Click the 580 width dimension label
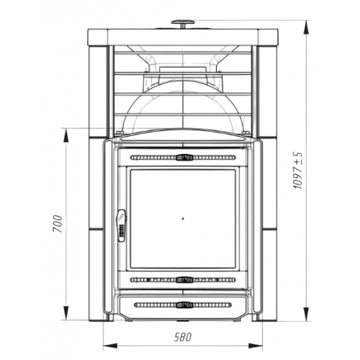click(183, 337)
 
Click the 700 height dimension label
click(58, 224)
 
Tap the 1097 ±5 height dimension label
click(298, 171)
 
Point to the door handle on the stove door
click(122, 225)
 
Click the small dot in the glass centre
click(183, 218)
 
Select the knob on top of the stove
click(183, 24)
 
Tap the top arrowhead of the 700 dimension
click(66, 135)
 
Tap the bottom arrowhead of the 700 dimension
click(66, 312)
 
